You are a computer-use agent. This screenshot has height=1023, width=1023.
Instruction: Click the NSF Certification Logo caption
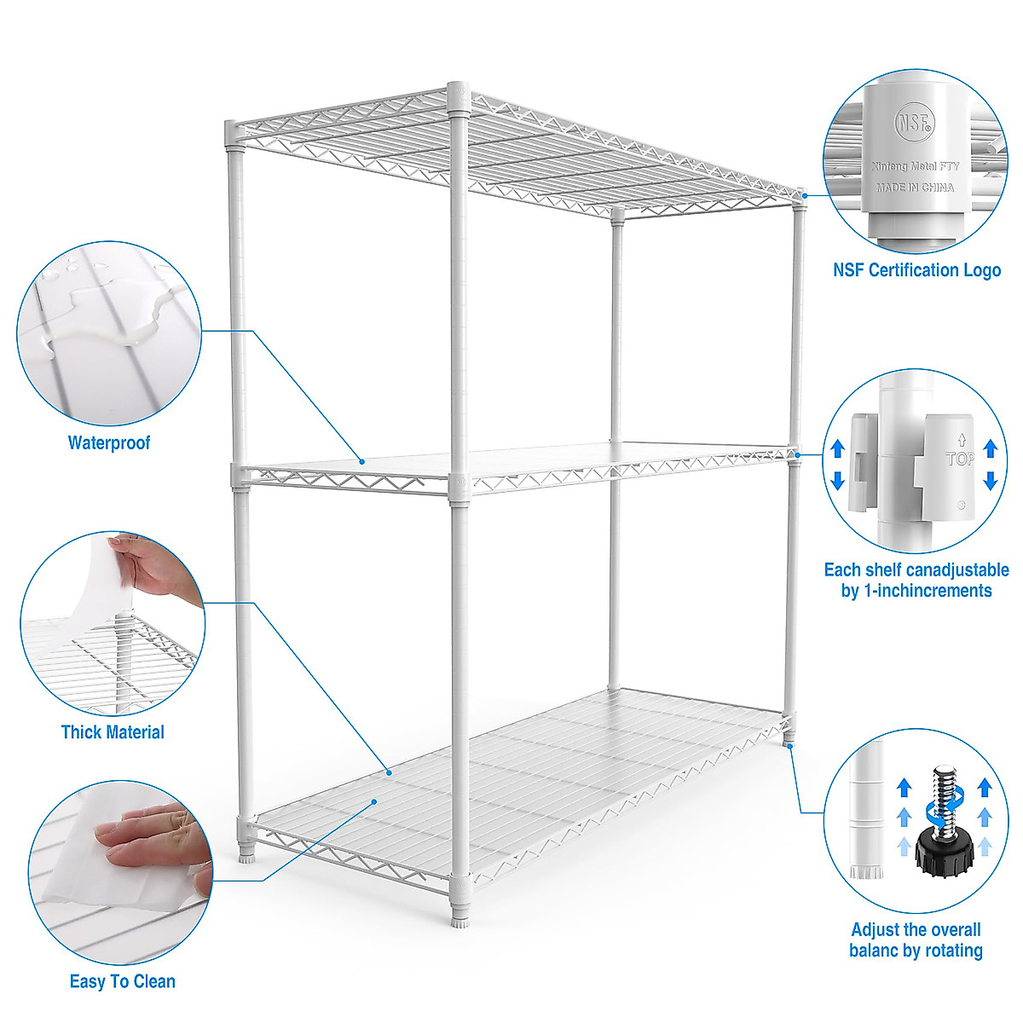(916, 270)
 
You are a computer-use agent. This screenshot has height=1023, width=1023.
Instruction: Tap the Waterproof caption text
(109, 442)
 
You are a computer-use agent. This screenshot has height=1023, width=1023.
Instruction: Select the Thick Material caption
(113, 731)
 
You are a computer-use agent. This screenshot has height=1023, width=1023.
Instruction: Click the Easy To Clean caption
(123, 981)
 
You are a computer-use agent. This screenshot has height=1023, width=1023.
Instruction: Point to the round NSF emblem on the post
(915, 123)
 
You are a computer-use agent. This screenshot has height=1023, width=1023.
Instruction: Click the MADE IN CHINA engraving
(915, 188)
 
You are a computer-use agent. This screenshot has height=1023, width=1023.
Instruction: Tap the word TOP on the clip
(959, 459)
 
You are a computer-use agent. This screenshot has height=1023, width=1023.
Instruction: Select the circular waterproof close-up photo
(109, 332)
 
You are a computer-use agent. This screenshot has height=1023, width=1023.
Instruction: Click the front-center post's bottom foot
(459, 919)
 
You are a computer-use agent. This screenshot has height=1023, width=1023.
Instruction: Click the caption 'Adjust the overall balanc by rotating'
(916, 940)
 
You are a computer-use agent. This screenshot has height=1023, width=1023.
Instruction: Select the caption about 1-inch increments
(916, 581)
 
